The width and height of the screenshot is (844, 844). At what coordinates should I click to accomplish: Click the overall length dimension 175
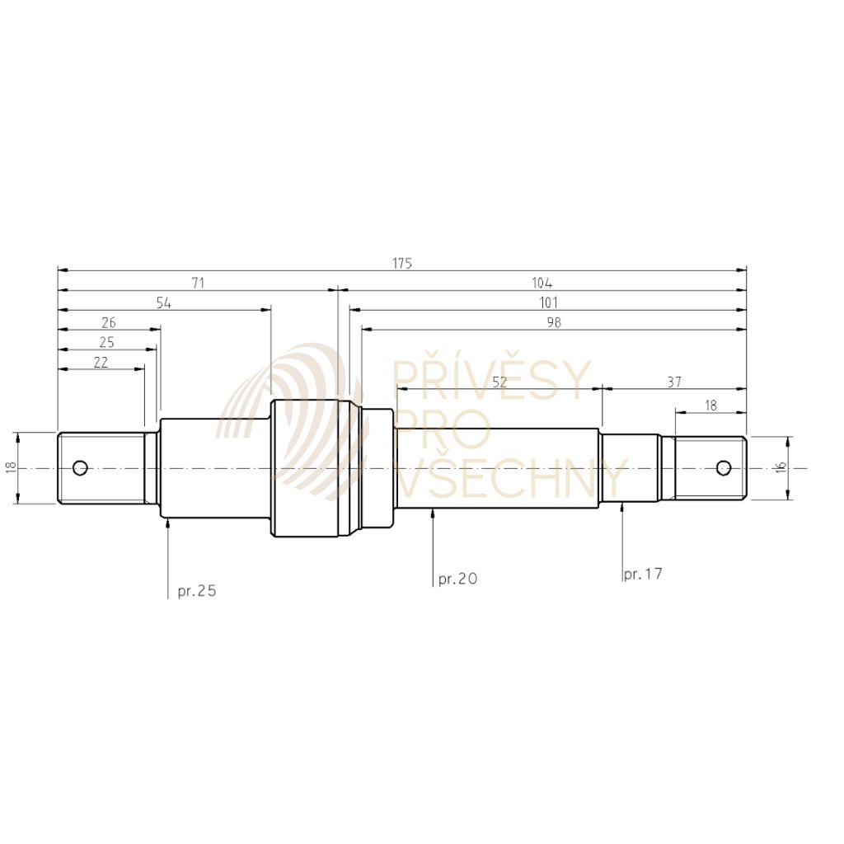tap(402, 263)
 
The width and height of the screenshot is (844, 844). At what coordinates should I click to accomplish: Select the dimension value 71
tap(198, 283)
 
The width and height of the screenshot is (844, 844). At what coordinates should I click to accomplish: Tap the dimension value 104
tap(542, 283)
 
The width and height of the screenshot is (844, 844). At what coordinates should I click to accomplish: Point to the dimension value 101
tap(548, 302)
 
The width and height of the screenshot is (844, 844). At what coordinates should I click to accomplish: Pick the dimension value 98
tap(554, 322)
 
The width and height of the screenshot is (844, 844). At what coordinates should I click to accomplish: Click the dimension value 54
tap(164, 302)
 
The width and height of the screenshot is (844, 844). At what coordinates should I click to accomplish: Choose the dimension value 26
tap(109, 322)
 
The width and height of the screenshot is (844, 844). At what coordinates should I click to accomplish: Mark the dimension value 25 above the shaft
tap(107, 342)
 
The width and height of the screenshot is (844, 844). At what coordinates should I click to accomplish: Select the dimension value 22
tap(101, 362)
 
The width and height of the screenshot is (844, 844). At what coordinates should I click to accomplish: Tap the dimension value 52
tap(500, 382)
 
